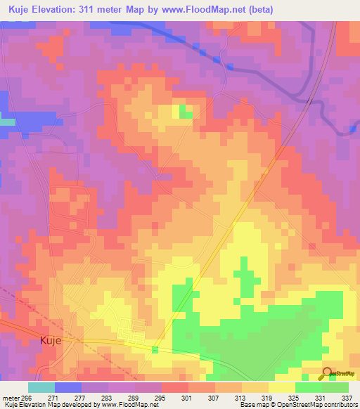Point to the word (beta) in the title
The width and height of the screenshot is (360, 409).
[257, 10]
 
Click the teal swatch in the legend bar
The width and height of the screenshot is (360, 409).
[41, 387]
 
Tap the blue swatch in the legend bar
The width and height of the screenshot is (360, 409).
[68, 387]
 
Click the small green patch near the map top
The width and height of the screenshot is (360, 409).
[186, 112]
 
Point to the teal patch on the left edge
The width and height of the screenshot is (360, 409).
[7, 122]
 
